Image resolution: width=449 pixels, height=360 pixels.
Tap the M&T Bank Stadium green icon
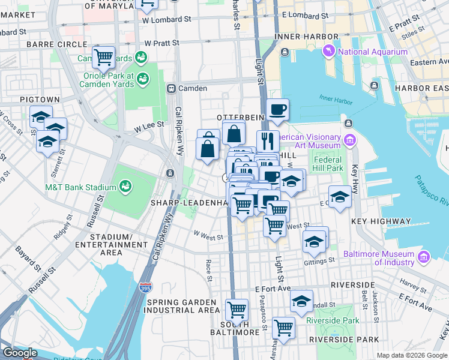click(x=126, y=186)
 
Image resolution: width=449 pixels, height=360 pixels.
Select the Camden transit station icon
click(x=171, y=88)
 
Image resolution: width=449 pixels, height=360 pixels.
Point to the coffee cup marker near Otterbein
click(x=277, y=110)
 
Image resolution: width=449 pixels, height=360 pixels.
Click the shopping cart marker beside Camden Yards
click(x=103, y=58)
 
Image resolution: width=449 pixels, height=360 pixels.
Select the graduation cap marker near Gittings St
click(x=314, y=242)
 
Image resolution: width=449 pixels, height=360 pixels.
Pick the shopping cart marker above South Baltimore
click(x=237, y=310)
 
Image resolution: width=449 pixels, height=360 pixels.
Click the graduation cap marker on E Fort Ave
click(x=301, y=300)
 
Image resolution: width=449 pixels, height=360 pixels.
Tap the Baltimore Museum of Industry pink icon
click(x=423, y=257)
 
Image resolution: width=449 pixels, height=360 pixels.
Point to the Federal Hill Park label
click(x=327, y=164)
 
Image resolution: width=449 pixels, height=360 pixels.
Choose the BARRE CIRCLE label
click(x=50, y=44)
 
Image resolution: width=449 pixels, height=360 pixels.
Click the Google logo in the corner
click(x=20, y=353)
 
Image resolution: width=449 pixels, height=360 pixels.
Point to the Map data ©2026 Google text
click(x=411, y=355)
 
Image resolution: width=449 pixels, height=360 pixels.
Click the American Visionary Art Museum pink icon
click(x=349, y=140)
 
